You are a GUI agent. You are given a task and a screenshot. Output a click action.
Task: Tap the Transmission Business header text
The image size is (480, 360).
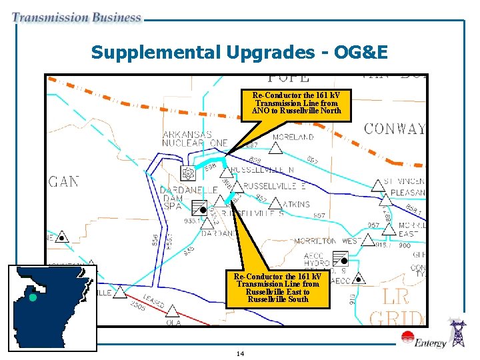77,18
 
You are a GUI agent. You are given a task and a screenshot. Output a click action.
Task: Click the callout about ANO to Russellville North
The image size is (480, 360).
295,103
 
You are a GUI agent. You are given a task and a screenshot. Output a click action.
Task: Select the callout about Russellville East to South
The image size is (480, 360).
277,288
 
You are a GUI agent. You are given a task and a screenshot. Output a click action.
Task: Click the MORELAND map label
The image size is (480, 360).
292,137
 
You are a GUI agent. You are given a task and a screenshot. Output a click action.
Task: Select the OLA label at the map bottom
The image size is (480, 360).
173,322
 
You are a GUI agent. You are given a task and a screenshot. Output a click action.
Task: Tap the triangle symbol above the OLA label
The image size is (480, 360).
172,311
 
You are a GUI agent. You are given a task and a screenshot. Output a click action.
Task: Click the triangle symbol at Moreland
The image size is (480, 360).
275,148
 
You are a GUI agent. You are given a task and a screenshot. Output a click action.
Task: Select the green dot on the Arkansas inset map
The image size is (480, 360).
33,297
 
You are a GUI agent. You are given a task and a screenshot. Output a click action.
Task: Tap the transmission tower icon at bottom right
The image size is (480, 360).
459,333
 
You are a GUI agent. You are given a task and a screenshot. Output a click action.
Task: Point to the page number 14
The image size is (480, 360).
240,353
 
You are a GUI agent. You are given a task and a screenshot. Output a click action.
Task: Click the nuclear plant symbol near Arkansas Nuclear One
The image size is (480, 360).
189,173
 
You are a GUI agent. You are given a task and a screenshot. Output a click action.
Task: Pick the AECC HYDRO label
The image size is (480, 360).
317,261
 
